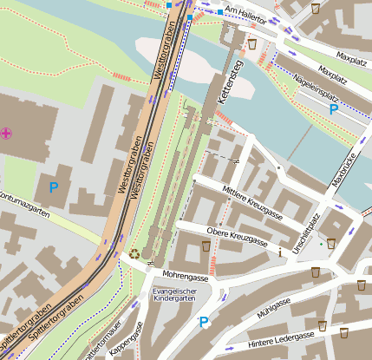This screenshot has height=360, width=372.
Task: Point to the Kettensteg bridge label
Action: click(230, 83)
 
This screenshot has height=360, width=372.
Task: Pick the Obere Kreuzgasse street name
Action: click(238, 235)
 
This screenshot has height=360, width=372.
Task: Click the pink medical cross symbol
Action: click(7, 133)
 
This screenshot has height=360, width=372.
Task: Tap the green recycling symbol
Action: click(134, 255)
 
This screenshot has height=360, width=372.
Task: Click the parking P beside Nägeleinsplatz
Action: click(333, 110)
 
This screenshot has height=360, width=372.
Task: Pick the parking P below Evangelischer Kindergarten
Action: click(205, 323)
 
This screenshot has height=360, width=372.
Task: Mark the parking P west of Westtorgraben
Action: click(53, 187)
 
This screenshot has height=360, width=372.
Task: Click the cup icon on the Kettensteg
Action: click(251, 43)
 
